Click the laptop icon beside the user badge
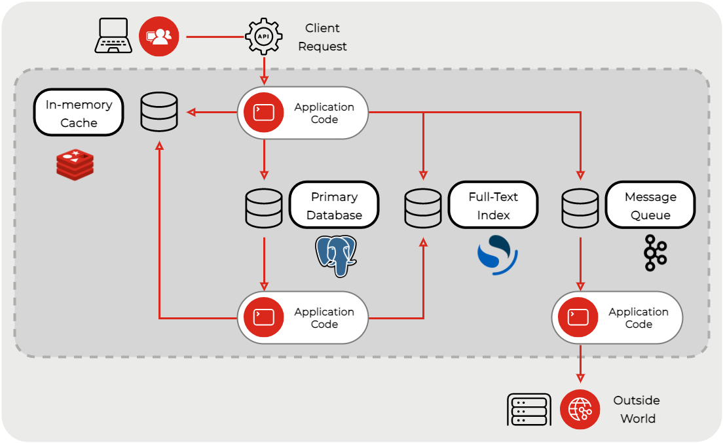pos(114,36)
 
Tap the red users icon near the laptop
pos(159,36)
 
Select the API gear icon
pos(263,36)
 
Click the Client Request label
pos(322,37)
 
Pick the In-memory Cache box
pos(79,113)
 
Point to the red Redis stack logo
pos(75,164)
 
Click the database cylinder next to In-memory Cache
pos(159,112)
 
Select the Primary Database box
pos(334,205)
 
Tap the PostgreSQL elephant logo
pos(336,255)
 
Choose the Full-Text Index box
pos(493,205)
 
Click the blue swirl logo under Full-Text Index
pos(497,255)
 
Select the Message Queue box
pos(650,205)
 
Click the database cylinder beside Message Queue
pos(580,208)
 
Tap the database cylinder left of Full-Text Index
pos(423,208)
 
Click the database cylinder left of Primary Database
pos(264,208)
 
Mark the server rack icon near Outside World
pos(529,410)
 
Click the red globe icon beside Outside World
pos(580,410)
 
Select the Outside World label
pos(637,410)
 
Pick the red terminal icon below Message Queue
pos(578,318)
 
